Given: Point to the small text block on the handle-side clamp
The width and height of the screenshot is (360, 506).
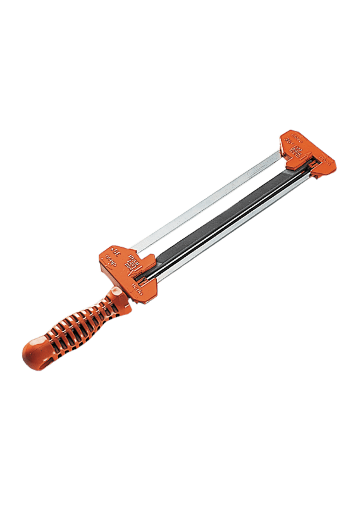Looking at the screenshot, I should pos(131,261).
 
